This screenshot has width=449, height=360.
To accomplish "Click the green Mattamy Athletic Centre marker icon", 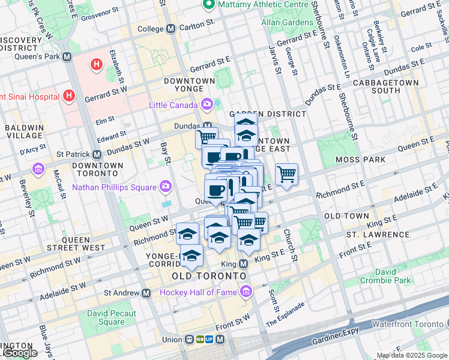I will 209,5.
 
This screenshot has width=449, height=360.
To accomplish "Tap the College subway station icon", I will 171,28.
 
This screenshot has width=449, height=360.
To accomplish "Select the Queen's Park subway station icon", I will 67,57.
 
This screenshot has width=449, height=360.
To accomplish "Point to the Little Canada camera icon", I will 207,105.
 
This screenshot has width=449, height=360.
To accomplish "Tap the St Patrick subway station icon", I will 97,154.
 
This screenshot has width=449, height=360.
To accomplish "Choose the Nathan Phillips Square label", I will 114,187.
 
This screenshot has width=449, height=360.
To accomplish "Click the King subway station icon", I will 244,264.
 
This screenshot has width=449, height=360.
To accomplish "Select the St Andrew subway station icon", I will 146,293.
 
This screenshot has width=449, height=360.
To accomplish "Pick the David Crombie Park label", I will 386,276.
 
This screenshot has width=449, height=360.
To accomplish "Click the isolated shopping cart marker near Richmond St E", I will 287,175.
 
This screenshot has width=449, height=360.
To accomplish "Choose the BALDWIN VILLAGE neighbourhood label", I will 24,132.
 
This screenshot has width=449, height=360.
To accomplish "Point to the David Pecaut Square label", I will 112,317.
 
